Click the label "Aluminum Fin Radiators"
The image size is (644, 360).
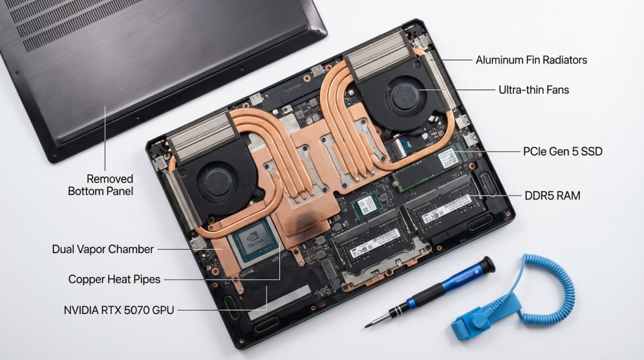pos(531,60)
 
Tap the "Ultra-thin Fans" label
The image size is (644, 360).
pos(533,90)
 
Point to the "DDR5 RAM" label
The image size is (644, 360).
pos(552,196)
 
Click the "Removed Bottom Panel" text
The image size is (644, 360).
pos(101,184)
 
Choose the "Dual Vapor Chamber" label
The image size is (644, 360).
pos(103,249)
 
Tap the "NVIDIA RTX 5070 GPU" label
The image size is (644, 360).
pos(119,310)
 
